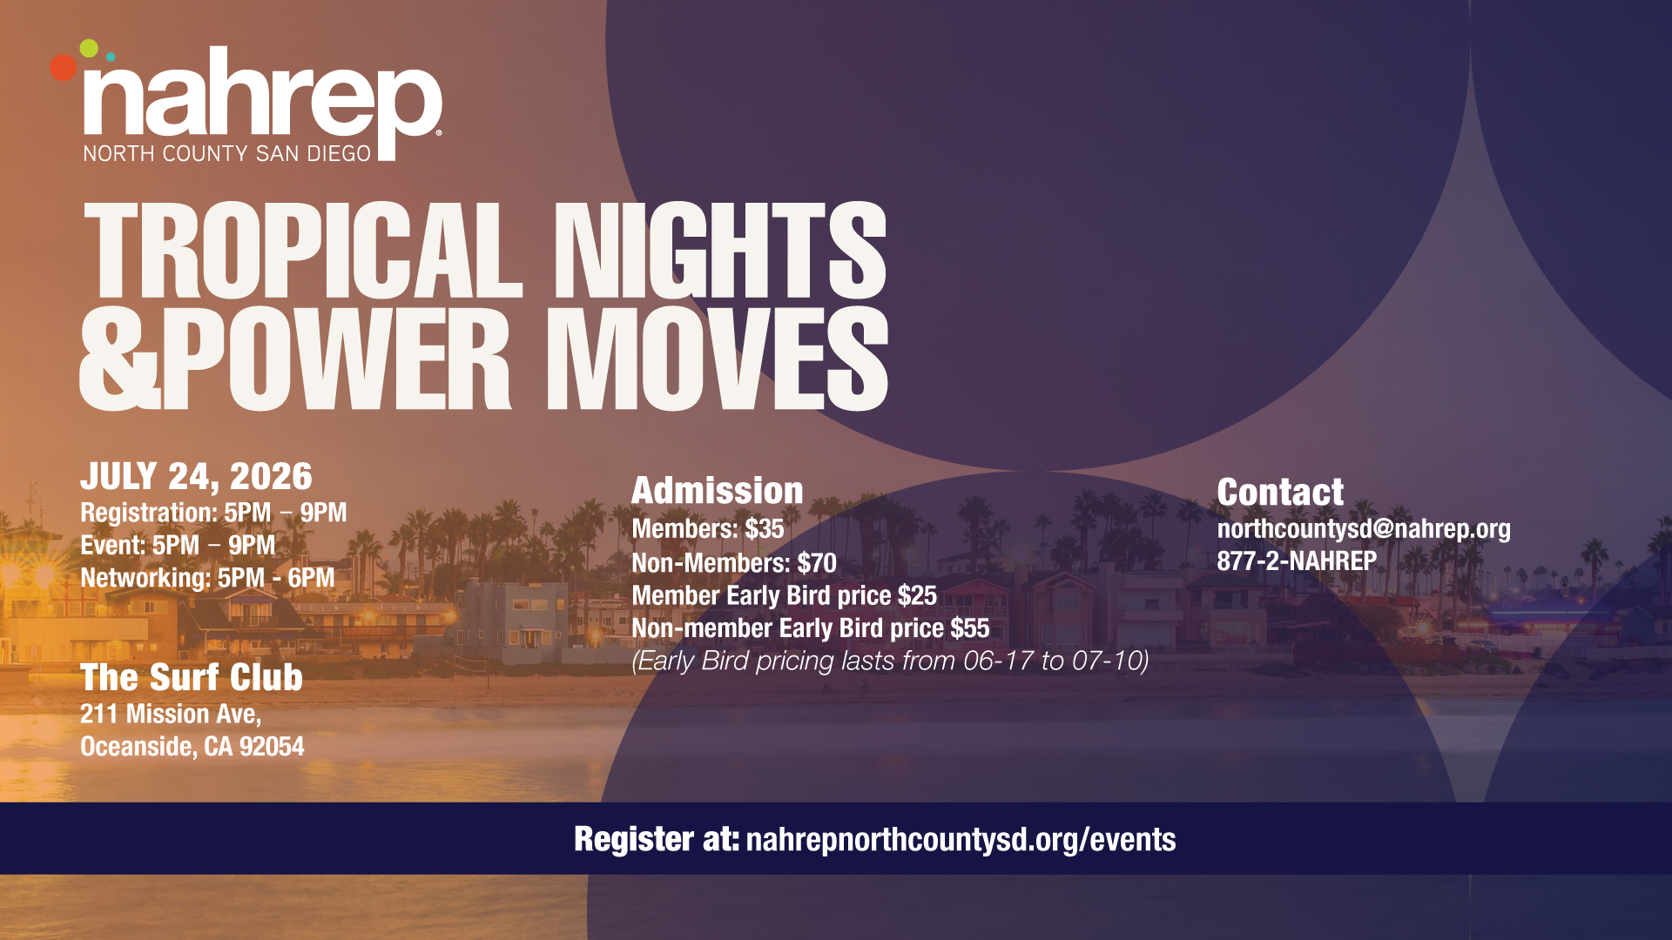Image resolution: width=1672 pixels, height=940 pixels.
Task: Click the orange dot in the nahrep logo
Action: point(63,67)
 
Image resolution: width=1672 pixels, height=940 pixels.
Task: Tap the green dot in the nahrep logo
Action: point(89,49)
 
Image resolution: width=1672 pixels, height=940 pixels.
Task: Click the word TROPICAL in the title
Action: point(303,251)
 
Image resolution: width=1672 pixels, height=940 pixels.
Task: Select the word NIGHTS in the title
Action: point(720,251)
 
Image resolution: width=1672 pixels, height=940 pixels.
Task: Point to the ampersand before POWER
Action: point(119,359)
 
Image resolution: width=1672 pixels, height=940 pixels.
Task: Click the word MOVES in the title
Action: point(717,359)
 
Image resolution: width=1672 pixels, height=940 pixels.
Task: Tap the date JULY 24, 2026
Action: point(196,477)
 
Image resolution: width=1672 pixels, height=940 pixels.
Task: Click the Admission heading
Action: point(718,491)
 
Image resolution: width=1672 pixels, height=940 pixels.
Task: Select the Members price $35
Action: point(765,529)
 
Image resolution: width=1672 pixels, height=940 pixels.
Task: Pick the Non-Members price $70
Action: point(817,563)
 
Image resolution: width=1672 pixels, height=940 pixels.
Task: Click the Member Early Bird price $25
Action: point(917,596)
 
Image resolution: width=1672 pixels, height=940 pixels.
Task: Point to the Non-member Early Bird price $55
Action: point(970,628)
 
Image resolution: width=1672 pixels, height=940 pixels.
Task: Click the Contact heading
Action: point(1280,493)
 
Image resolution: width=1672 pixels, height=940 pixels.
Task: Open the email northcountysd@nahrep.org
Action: point(1364,529)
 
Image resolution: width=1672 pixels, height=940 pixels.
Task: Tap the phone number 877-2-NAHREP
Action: point(1297,561)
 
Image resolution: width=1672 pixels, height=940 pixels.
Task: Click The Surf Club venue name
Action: point(192,678)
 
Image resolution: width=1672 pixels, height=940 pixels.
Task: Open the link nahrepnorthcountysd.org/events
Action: point(961,840)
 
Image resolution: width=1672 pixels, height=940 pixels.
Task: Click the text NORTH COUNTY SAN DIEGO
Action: point(227,154)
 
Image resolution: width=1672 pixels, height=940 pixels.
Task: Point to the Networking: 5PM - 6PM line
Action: point(207,578)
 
